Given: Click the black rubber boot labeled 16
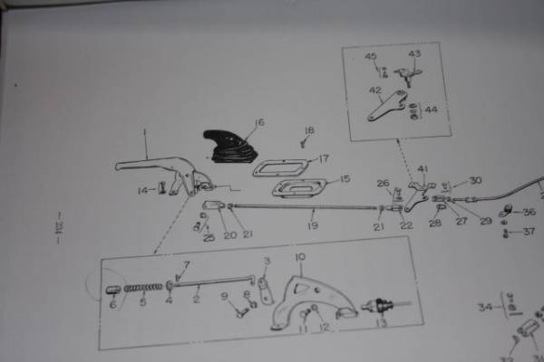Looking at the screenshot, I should coord(227,149).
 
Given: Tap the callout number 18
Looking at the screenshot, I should coord(310,130).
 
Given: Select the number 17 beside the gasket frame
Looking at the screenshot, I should coord(324,159).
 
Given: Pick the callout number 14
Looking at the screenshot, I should coord(141,190).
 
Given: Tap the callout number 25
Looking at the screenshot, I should coord(209,238).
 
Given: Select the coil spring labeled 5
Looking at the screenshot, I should coord(143,289).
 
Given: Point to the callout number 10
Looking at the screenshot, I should coord(300,258).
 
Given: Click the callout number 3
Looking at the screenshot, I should coord(267,262).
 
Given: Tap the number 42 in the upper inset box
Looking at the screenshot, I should coord(374,90).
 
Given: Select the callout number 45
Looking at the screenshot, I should coord(371,56).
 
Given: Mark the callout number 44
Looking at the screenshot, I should coord(430,110).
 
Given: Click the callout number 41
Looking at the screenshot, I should coord(423,168).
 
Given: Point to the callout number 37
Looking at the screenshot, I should coord(529,232).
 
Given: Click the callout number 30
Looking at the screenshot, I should coord(475,181).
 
